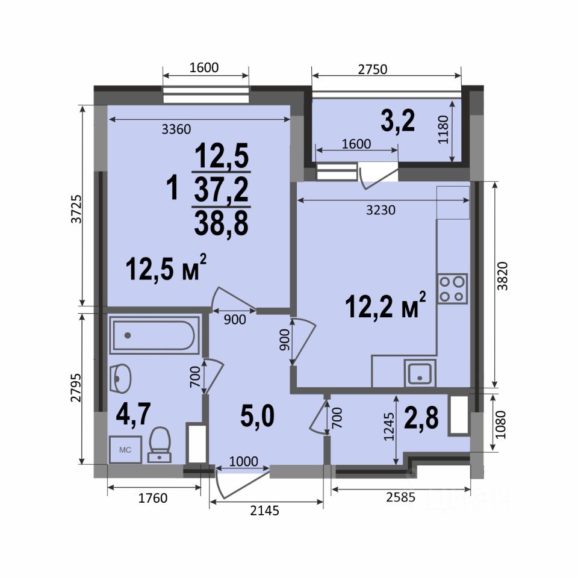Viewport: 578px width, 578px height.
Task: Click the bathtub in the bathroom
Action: coord(155,335)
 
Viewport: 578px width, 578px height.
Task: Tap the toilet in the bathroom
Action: coord(159,444)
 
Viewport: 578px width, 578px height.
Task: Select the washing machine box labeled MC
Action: coord(125,450)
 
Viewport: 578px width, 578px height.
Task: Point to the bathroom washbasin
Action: coord(120,379)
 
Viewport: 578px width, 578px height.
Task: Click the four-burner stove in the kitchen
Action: coord(452,288)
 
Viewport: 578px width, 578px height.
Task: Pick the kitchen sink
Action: coord(420,373)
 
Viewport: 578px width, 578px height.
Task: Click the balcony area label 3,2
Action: coord(398,121)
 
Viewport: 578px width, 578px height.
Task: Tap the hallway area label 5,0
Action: coord(257,415)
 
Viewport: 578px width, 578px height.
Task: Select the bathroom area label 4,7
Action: coord(133,414)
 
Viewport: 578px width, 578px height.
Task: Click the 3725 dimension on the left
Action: coord(76,209)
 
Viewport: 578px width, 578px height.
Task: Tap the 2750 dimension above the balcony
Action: coord(373,69)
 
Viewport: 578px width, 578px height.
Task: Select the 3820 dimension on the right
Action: coord(502,276)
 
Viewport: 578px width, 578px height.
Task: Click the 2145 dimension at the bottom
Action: coord(265,511)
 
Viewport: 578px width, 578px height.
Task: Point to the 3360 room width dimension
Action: coord(176,129)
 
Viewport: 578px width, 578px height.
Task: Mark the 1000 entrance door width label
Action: coord(244,461)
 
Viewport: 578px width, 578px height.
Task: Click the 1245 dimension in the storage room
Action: coord(389,426)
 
